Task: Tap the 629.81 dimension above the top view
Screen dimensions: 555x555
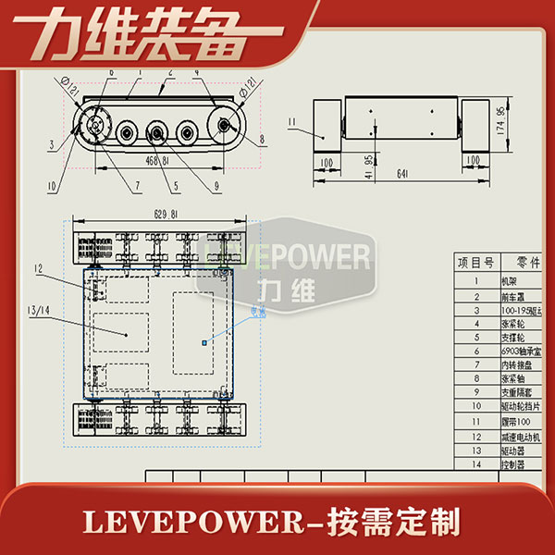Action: (154, 215)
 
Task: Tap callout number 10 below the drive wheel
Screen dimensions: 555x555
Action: (53, 186)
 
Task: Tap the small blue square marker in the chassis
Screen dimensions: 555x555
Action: (204, 342)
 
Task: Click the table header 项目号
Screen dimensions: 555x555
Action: (475, 263)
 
